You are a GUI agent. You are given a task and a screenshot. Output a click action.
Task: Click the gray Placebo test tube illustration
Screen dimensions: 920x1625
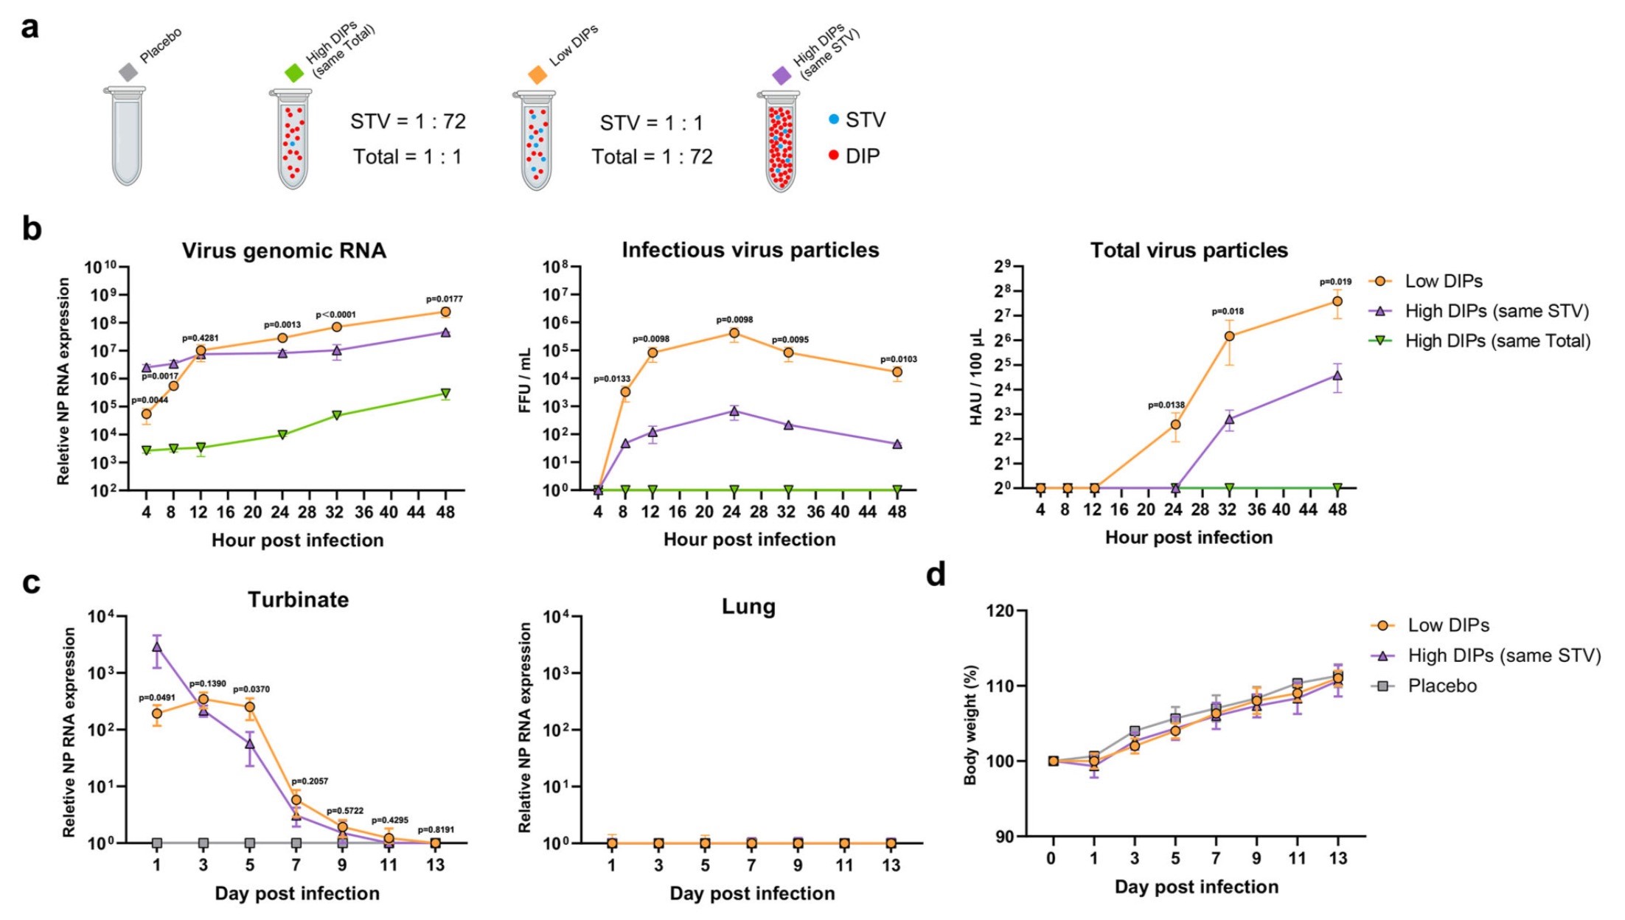pyautogui.click(x=127, y=136)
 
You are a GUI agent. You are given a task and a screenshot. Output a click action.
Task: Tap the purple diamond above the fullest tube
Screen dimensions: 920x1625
pyautogui.click(x=782, y=75)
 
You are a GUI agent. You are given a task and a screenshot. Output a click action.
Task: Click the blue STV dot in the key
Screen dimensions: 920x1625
pyautogui.click(x=834, y=119)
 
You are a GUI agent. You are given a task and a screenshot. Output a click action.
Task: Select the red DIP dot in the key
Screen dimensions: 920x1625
pyautogui.click(x=834, y=156)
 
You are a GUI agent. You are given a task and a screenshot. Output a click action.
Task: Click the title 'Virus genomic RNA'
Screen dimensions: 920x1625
pyautogui.click(x=284, y=251)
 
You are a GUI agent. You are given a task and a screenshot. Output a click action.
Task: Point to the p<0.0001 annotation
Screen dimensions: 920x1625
pyautogui.click(x=335, y=315)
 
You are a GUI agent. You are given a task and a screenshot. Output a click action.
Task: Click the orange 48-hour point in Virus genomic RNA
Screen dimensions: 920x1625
pyautogui.click(x=445, y=312)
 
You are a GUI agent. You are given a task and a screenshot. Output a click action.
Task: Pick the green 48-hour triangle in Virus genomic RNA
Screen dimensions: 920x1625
pyautogui.click(x=445, y=394)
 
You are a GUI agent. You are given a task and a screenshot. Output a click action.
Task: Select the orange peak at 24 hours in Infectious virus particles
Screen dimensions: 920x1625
pyautogui.click(x=734, y=333)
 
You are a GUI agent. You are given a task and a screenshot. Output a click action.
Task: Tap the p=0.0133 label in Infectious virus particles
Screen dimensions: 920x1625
pyautogui.click(x=612, y=379)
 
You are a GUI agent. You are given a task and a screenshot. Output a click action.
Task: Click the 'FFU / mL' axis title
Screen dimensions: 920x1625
pyautogui.click(x=525, y=381)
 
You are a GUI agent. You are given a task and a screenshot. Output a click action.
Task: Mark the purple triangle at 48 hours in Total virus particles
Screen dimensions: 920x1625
pyautogui.click(x=1337, y=375)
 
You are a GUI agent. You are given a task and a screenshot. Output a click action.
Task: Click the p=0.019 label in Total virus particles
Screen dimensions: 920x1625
pyautogui.click(x=1335, y=282)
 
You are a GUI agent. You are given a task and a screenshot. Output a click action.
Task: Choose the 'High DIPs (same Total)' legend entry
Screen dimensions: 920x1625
pyautogui.click(x=1497, y=341)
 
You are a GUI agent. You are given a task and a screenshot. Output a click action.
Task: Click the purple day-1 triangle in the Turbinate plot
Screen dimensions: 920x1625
pyautogui.click(x=157, y=647)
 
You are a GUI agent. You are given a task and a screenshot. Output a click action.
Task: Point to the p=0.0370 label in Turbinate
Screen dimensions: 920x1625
pyautogui.click(x=251, y=689)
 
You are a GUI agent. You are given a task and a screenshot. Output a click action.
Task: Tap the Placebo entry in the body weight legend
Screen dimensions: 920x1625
pyautogui.click(x=1441, y=686)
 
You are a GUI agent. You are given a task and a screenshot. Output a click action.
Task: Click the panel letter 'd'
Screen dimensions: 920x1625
pyautogui.click(x=936, y=575)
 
